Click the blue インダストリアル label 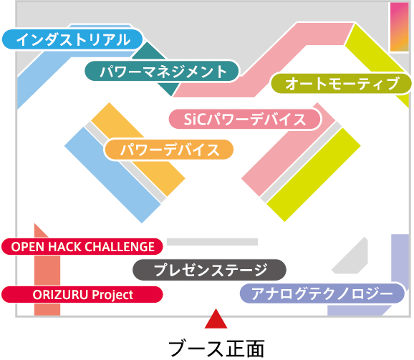coord(72,39)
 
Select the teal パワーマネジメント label coord(162,71)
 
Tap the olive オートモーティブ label coord(341,84)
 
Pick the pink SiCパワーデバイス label coord(245,120)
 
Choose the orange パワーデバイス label coord(169,150)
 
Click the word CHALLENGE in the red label coord(120,247)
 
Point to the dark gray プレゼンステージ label coord(209,270)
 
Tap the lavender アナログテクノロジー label coord(322,293)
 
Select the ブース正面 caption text coord(216,349)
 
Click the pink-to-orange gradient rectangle coord(400,27)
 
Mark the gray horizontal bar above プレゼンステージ coord(212,242)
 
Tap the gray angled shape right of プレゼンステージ coord(352,257)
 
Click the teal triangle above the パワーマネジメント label coord(148,52)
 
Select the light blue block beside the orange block coord(112,175)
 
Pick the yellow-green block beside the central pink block coord(314,175)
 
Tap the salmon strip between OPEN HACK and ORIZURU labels coord(47,271)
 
